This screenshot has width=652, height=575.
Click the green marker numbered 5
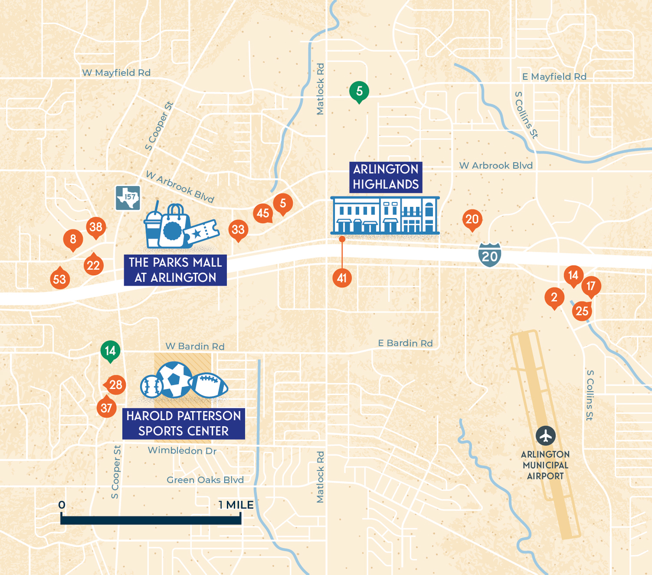pyautogui.click(x=359, y=91)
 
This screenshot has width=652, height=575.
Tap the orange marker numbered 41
pyautogui.click(x=342, y=278)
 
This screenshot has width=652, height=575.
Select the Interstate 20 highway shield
pyautogui.click(x=490, y=256)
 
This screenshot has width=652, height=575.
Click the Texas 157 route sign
pyautogui.click(x=128, y=198)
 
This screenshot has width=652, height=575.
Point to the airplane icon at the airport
pyautogui.click(x=546, y=435)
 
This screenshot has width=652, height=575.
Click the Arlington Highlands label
pyautogui.click(x=386, y=177)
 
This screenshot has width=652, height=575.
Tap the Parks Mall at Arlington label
pyautogui.click(x=175, y=270)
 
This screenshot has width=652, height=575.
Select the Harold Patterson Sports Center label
pyautogui.click(x=183, y=423)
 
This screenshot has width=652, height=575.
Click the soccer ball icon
pyautogui.click(x=174, y=379)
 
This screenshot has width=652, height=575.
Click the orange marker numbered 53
pyautogui.click(x=60, y=279)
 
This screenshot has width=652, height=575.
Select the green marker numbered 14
pyautogui.click(x=110, y=350)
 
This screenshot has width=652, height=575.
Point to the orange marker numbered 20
pyautogui.click(x=472, y=219)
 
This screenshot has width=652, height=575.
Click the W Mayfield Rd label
pyautogui.click(x=116, y=73)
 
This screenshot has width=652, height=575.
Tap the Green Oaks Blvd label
pyautogui.click(x=205, y=480)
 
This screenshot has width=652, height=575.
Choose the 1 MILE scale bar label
pyautogui.click(x=236, y=505)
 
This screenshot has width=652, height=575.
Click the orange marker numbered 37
pyautogui.click(x=106, y=408)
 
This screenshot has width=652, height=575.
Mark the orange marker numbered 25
pyautogui.click(x=582, y=311)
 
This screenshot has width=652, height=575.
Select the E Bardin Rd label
pyautogui.click(x=405, y=343)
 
